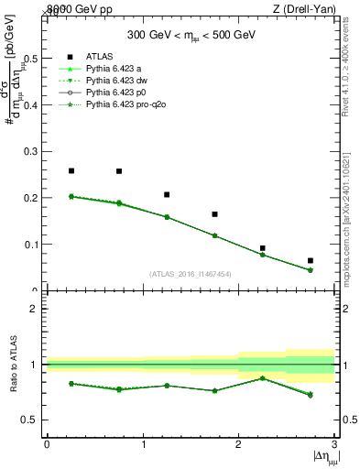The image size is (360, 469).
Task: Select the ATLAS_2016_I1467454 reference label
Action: pos(191,274)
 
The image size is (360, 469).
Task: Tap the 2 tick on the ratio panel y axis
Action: pos(34,309)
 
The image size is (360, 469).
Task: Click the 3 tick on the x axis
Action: pos(334,444)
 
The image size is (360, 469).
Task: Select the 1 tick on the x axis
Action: pos(143,444)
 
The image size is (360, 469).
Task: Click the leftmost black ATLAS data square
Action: pos(71,170)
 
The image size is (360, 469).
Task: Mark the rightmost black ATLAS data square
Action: pos(311,261)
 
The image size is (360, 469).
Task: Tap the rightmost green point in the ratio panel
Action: pos(311,395)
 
